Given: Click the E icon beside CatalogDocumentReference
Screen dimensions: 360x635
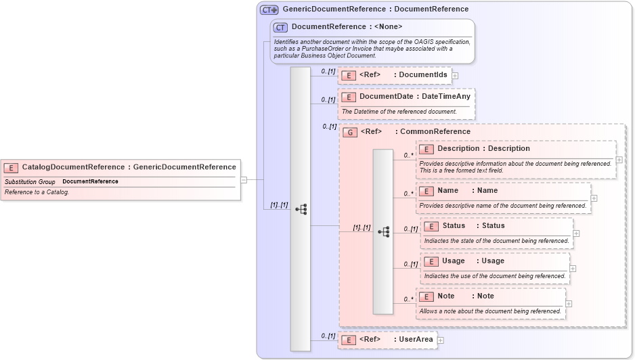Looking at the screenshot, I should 12,167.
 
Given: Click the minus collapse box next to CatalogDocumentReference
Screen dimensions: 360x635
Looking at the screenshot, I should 244,180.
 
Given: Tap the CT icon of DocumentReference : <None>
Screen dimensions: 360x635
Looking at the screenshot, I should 280,27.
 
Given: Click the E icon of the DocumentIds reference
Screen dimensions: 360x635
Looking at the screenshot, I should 349,75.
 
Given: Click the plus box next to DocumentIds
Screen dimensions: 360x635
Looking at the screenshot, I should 455,76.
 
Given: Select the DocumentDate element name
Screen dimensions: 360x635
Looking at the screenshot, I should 386,97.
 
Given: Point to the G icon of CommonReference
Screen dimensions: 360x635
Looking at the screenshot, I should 350,132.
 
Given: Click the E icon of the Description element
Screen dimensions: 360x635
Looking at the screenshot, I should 426,149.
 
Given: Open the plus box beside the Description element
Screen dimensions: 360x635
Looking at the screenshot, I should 619,160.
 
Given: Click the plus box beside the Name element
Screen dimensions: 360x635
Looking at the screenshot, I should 594,198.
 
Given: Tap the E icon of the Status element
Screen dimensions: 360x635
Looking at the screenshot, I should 431,226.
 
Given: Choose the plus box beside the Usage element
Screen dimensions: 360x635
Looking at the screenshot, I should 573,269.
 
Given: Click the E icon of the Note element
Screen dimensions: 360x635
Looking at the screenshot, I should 426,296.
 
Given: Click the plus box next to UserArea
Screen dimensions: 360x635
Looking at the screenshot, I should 440,340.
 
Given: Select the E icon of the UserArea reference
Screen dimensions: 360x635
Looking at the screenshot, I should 349,340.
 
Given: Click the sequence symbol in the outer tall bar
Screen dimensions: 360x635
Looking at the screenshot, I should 301,210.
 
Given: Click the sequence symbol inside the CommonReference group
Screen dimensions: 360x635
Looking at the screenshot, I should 383,231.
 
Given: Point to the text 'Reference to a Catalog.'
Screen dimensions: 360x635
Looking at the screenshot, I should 37,192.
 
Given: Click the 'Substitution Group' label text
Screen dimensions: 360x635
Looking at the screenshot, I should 30,181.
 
